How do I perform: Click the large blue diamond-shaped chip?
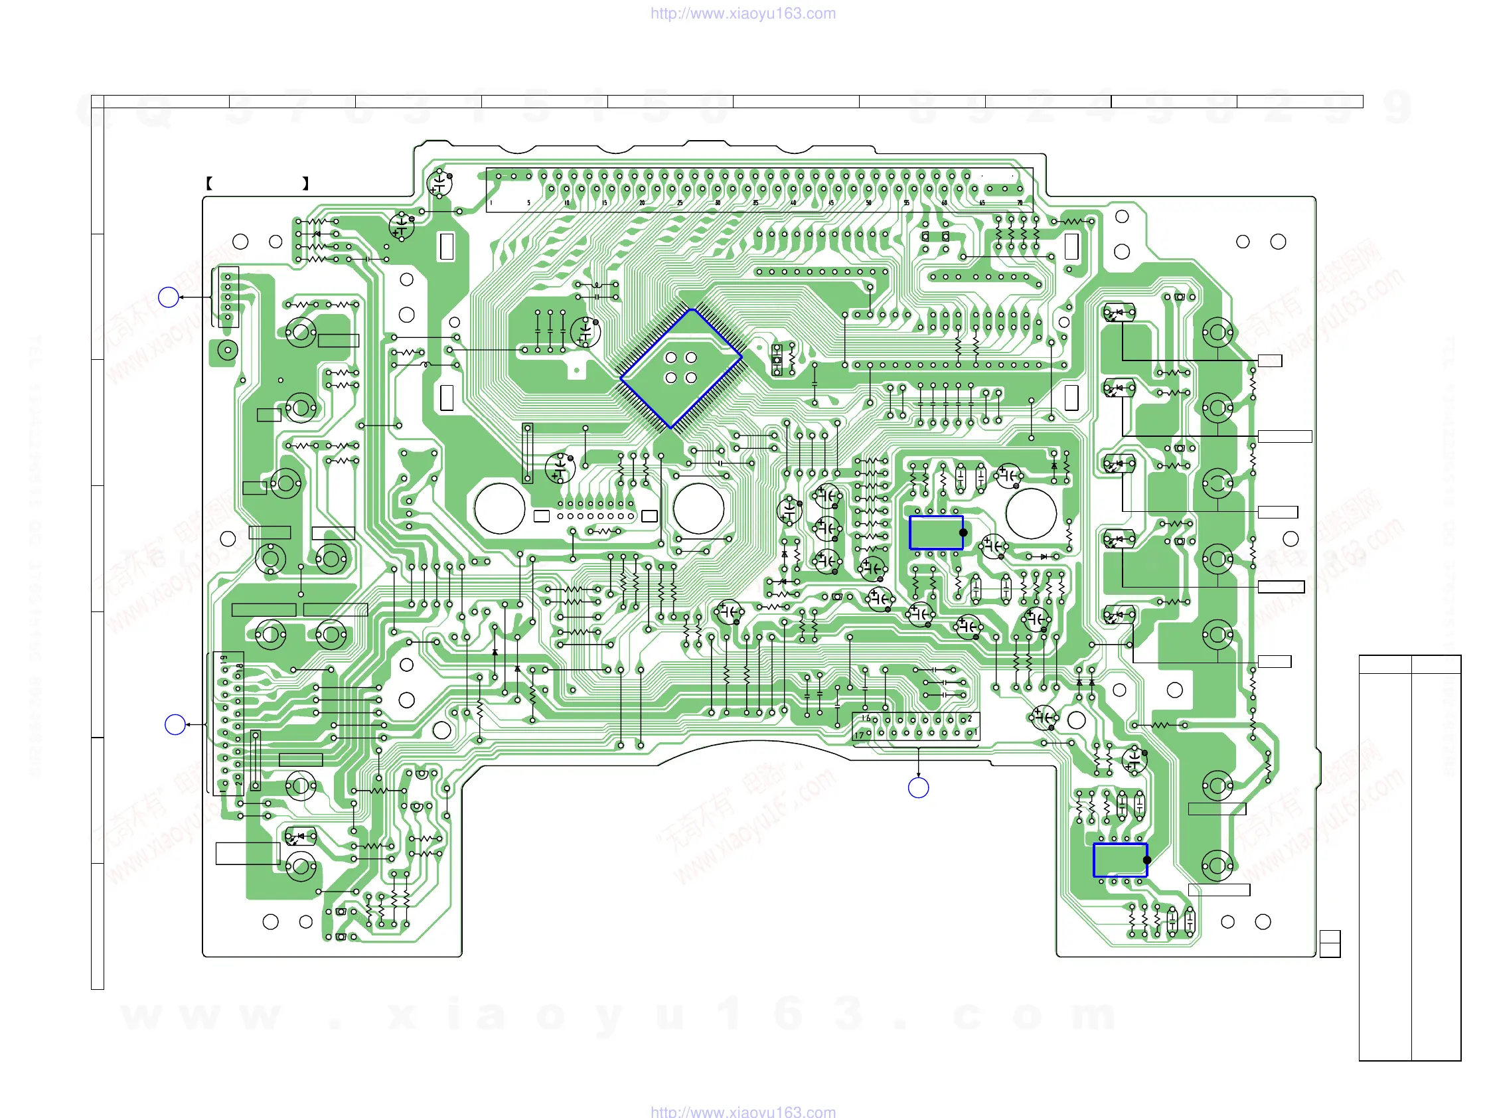tap(680, 368)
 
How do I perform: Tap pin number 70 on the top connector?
tap(1020, 202)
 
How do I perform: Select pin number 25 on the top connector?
tap(680, 202)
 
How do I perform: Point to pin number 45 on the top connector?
tap(831, 202)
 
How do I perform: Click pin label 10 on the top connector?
tap(567, 202)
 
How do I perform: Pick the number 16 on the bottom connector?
tap(866, 718)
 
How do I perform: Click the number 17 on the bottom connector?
tap(859, 736)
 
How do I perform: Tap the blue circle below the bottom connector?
tap(918, 787)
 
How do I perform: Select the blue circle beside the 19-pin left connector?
tap(175, 724)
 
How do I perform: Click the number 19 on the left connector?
tap(224, 659)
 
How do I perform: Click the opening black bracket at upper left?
tap(209, 183)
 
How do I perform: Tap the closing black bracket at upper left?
tap(306, 183)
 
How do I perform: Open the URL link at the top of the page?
tap(743, 13)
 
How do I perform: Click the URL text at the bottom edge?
tap(743, 1111)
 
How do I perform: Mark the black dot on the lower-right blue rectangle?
tap(1147, 860)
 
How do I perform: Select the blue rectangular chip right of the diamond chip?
tap(936, 532)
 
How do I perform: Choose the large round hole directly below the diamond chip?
tap(698, 509)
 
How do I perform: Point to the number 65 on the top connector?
tap(982, 202)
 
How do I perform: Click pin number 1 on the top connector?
tap(491, 202)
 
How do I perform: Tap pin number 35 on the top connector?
tap(755, 202)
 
